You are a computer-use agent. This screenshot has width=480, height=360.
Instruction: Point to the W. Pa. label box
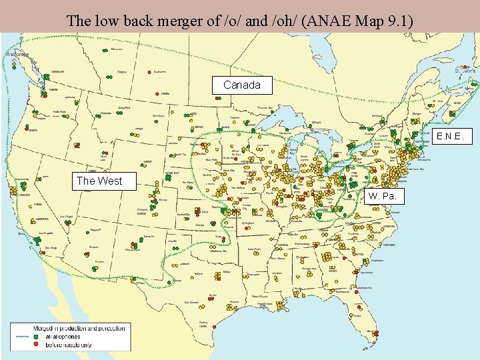tap(384, 196)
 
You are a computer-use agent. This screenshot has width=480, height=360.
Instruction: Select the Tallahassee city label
tap(343, 291)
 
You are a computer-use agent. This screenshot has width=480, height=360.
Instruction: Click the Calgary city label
tap(122, 71)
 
